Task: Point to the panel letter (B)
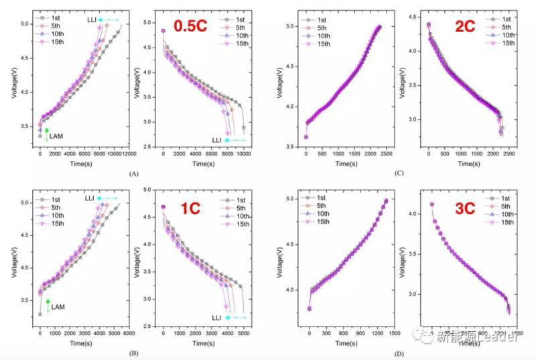[133, 351]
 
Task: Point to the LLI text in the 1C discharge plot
[217, 317]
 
